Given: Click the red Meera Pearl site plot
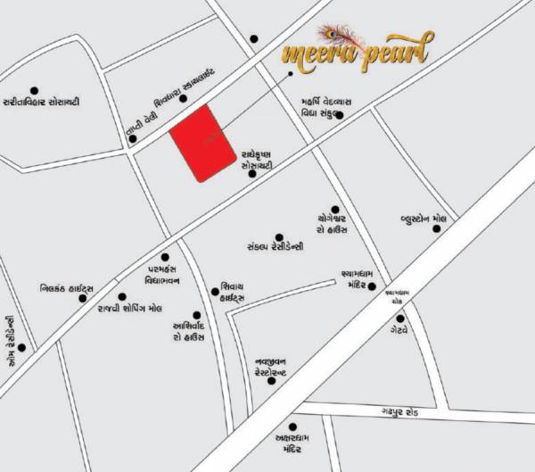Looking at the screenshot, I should [x=202, y=143].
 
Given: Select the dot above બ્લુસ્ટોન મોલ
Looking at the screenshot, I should [x=437, y=229].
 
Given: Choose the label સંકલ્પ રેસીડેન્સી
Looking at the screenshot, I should [x=276, y=244].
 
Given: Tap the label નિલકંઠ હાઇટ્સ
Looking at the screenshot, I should [x=68, y=289].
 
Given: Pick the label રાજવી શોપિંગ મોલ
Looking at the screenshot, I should [x=129, y=308].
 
